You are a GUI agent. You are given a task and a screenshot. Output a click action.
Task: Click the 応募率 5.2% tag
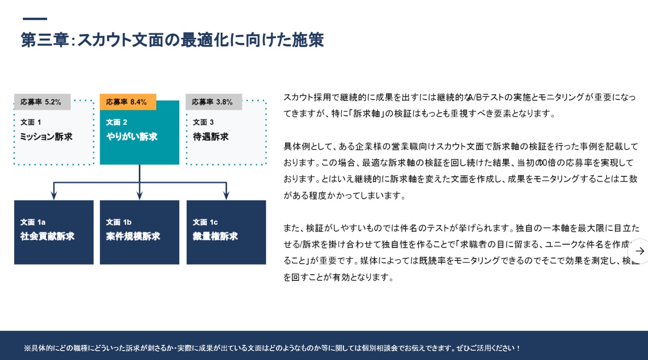tap(41, 102)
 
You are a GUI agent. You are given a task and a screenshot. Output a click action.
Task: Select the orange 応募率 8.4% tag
tap(127, 102)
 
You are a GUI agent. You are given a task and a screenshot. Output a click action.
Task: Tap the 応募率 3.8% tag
tap(213, 102)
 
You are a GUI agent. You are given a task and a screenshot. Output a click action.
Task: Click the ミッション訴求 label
tap(46, 137)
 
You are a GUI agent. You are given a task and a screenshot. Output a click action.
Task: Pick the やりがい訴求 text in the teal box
tap(132, 137)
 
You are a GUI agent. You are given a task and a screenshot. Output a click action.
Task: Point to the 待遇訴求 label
tap(211, 137)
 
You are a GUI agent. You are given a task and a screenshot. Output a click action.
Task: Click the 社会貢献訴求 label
tap(47, 236)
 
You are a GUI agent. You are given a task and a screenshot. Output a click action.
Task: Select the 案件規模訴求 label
tap(133, 236)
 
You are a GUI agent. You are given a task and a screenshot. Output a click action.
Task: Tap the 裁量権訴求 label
tap(215, 236)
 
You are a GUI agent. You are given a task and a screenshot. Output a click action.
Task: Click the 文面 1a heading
tap(33, 222)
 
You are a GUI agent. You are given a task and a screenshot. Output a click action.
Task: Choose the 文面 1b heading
tap(119, 222)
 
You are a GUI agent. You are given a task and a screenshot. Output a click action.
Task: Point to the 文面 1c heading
tap(205, 222)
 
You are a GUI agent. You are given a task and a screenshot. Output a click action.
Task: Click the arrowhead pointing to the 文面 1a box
tap(54, 196)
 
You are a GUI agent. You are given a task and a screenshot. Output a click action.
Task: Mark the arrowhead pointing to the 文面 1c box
tap(226, 196)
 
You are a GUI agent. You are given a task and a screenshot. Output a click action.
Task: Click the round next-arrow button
tap(639, 251)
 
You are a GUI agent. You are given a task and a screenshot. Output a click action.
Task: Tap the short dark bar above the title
tap(35, 19)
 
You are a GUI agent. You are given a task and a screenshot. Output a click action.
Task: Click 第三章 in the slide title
tap(45, 40)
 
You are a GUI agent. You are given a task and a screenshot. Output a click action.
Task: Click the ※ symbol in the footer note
tap(27, 348)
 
